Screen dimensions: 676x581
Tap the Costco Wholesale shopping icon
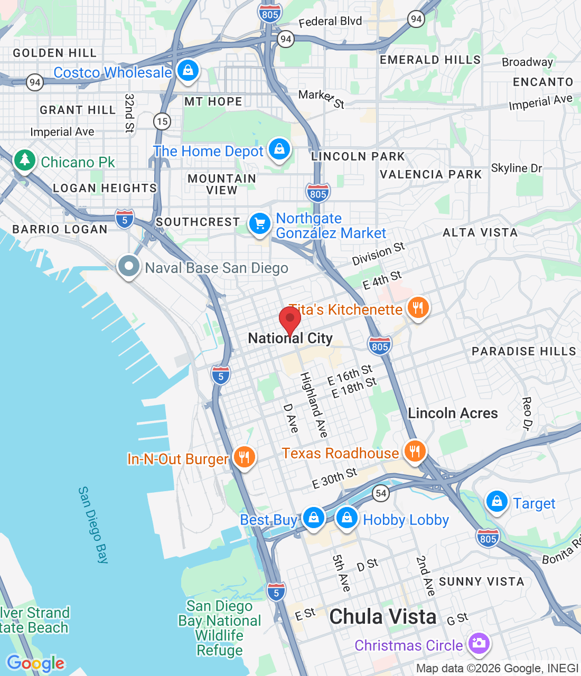point(188,70)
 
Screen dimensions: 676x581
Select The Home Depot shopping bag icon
point(279,149)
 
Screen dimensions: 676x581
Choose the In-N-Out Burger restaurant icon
point(243,457)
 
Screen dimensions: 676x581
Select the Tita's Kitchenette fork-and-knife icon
point(418,307)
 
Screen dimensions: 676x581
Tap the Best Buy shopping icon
point(314,518)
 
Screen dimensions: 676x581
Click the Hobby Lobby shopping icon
point(347,518)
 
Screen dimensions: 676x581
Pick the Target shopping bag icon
point(497,502)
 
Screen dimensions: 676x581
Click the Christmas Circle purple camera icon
point(479,643)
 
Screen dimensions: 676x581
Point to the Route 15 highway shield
point(162,121)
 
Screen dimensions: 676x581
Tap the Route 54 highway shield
point(381,493)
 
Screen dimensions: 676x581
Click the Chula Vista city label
point(383,617)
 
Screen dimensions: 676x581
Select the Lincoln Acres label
point(453,413)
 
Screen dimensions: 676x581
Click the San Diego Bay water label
point(93,525)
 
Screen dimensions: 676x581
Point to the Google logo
point(36,663)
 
